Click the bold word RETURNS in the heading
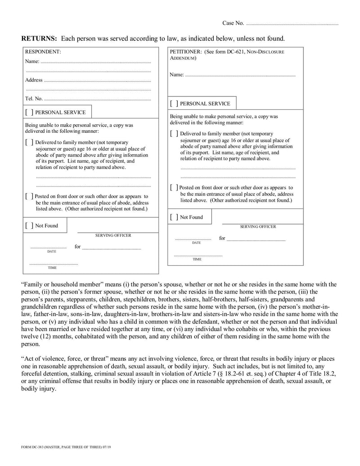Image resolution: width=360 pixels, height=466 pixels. pyautogui.click(x=39, y=38)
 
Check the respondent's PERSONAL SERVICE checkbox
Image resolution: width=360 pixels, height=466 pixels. pyautogui.click(x=29, y=112)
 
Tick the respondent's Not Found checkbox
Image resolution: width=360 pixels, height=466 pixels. pyautogui.click(x=29, y=226)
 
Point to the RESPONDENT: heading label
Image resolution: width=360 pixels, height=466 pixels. pyautogui.click(x=43, y=52)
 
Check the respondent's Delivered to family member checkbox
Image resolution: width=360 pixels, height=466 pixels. pyautogui.click(x=29, y=142)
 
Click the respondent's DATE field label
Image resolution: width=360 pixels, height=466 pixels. pyautogui.click(x=52, y=252)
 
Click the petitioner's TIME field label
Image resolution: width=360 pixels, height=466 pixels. pyautogui.click(x=197, y=259)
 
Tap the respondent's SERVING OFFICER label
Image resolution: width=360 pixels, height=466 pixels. pyautogui.click(x=113, y=235)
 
